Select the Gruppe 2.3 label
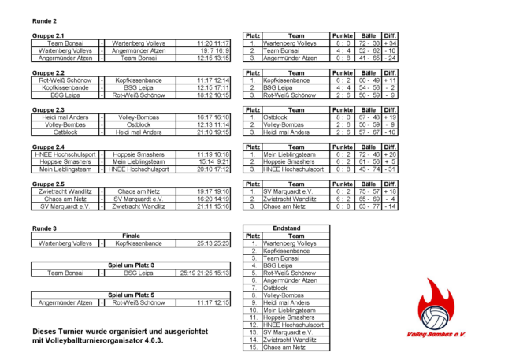coord(49,109)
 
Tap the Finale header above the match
coord(131,236)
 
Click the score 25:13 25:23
coord(213,244)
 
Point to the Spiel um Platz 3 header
coord(131,265)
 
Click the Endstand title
coord(285,228)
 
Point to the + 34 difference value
coord(390,43)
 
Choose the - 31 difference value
coord(390,169)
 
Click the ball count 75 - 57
coord(368,191)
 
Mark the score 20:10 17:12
coord(213,169)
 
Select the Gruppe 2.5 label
coord(49,183)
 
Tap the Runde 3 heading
coord(43,228)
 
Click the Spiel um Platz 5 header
coord(131,294)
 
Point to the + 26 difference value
coord(390,154)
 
